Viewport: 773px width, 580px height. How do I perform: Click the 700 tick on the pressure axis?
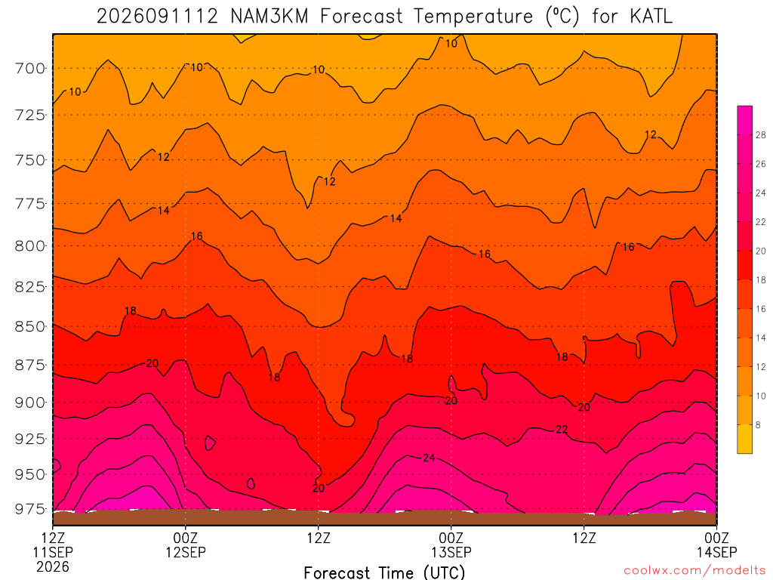coord(30,69)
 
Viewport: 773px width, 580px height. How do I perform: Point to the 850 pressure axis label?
coord(30,326)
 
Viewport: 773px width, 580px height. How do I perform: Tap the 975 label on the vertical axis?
coord(30,508)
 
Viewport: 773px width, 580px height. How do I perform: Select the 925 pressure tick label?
coord(30,439)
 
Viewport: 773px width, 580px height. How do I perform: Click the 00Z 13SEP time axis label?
coord(451,545)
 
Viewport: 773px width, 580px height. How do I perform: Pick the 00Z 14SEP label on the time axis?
coord(717,545)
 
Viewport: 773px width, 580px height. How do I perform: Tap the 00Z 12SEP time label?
coord(186,545)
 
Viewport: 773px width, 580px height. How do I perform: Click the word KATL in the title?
coord(651,17)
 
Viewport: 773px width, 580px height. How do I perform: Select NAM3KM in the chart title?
coord(269,17)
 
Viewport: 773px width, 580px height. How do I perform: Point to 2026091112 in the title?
coord(157,17)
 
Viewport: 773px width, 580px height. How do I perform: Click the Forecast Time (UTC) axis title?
coord(384,572)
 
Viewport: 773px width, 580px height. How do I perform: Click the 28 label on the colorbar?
coord(761,135)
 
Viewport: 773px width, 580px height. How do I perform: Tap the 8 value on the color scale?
coord(758,424)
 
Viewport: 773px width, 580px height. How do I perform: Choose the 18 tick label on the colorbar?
coord(761,280)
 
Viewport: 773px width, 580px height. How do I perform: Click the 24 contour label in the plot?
coord(429,458)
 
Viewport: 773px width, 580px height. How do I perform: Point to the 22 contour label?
coord(562,430)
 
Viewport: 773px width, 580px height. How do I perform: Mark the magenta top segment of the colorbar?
coord(744,120)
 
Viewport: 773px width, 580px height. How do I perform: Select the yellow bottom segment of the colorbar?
coord(744,439)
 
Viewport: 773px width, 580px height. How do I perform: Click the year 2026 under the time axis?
coord(53,566)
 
